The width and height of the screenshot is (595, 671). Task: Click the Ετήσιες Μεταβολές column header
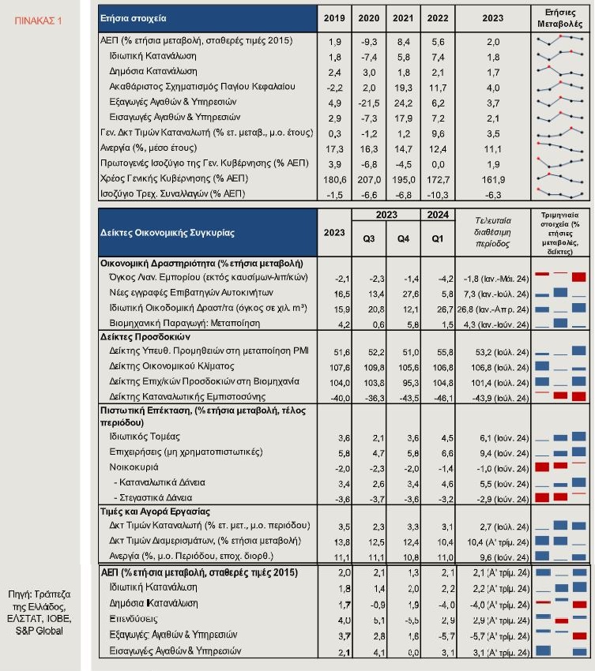pyautogui.click(x=563, y=17)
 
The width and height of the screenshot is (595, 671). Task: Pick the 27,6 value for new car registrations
pyautogui.click(x=403, y=293)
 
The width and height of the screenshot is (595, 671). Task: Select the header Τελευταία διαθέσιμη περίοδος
pyautogui.click(x=493, y=233)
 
